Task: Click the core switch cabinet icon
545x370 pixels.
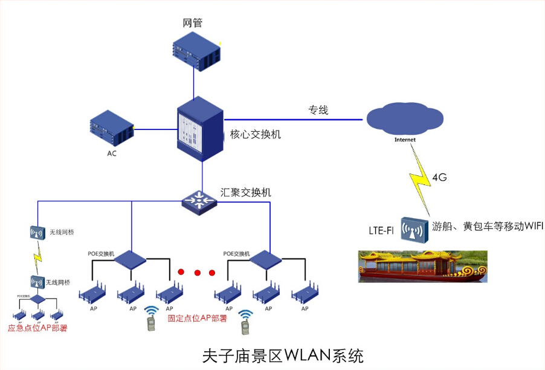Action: (x=199, y=129)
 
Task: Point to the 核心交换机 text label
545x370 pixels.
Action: (x=256, y=134)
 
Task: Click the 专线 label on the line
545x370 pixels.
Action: (x=318, y=111)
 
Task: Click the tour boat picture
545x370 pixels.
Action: (x=422, y=265)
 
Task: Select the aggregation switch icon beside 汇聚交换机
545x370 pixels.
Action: (x=199, y=200)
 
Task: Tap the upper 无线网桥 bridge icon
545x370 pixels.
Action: (x=37, y=232)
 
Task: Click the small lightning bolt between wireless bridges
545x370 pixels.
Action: (x=37, y=258)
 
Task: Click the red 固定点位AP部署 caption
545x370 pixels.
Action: (x=197, y=318)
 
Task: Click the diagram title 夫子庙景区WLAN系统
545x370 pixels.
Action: (x=283, y=354)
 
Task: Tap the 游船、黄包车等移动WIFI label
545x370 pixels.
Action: (x=488, y=226)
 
